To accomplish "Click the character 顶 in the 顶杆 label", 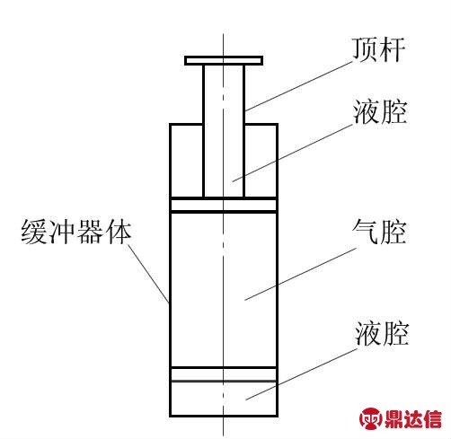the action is coord(364,49).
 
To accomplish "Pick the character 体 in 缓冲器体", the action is coord(118,233).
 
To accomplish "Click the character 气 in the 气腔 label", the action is coord(365,232).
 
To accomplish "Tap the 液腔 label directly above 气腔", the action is coord(380,111).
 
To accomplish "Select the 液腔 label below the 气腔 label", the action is coord(382,333).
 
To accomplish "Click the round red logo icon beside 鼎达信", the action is coord(371,418).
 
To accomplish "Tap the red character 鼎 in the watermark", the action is coord(394,418).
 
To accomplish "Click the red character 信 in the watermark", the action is coord(432,418).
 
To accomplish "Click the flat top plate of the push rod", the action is coord(224,60).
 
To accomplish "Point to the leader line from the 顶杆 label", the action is coord(299,86).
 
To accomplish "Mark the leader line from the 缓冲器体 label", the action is coord(148,274).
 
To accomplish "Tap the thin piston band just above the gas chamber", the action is coord(224,205).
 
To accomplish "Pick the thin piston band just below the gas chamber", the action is coord(224,374).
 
